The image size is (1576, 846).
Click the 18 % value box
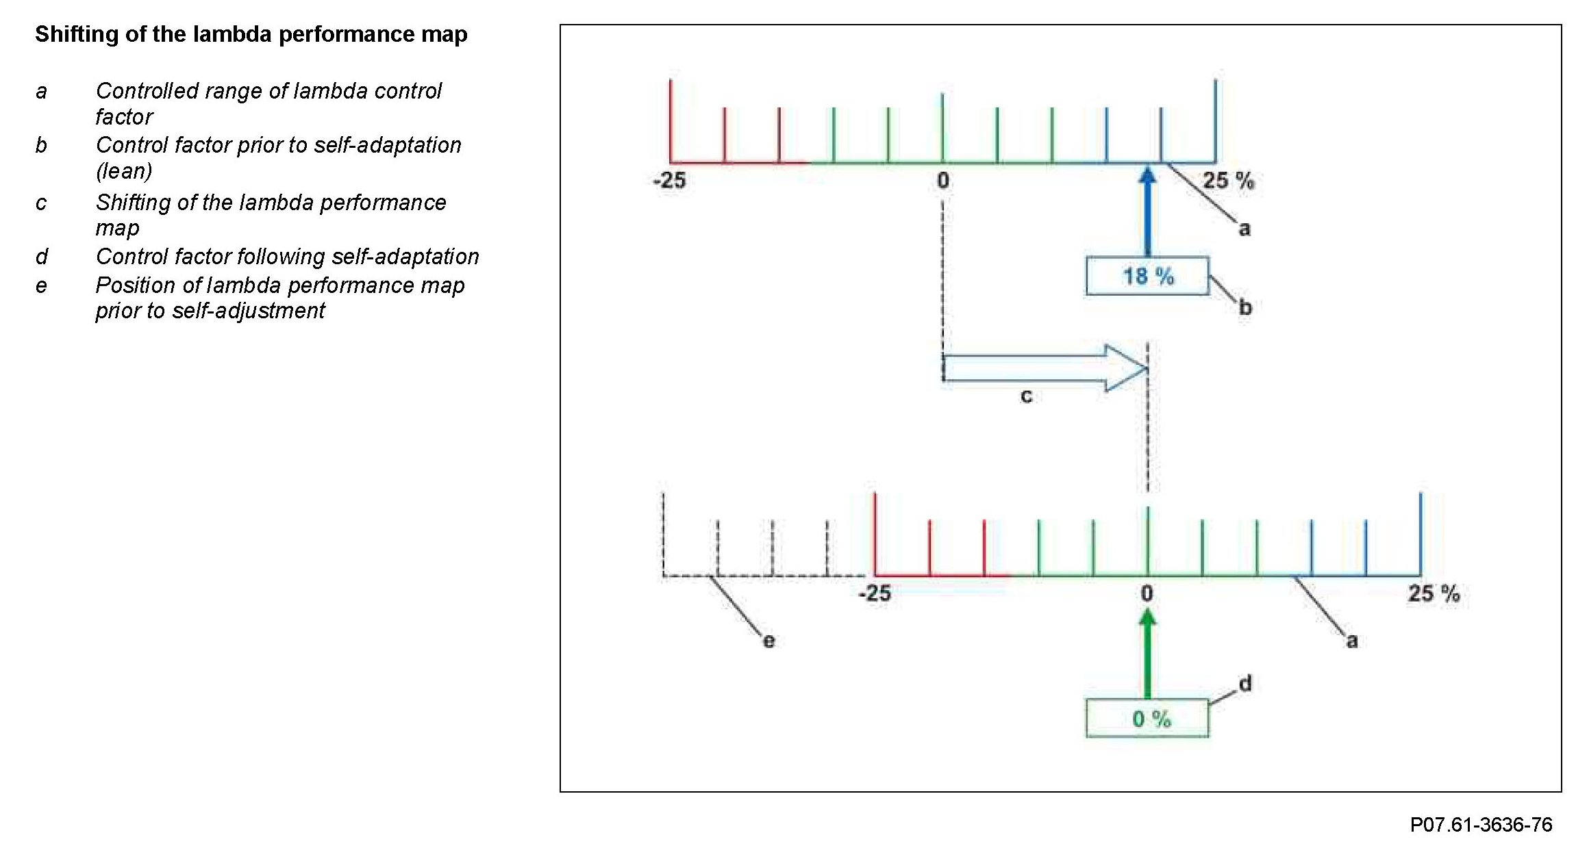(x=1147, y=276)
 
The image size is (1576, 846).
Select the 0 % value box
(x=1147, y=718)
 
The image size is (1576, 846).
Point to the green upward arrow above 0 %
(x=1148, y=653)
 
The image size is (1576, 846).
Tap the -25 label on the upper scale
(x=669, y=180)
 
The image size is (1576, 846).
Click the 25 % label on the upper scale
(x=1228, y=181)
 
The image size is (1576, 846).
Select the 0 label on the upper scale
(x=943, y=181)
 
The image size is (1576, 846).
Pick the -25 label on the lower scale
(x=875, y=593)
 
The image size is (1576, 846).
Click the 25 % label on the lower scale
(x=1434, y=593)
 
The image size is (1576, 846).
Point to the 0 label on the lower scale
(x=1147, y=593)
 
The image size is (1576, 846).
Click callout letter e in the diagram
(x=768, y=641)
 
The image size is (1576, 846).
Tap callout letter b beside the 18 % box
(x=1245, y=307)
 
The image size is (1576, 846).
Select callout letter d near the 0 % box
(x=1245, y=683)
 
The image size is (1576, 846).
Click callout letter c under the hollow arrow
(x=1026, y=396)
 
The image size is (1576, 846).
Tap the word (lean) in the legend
(x=124, y=170)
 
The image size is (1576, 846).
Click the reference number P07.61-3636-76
(x=1481, y=824)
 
